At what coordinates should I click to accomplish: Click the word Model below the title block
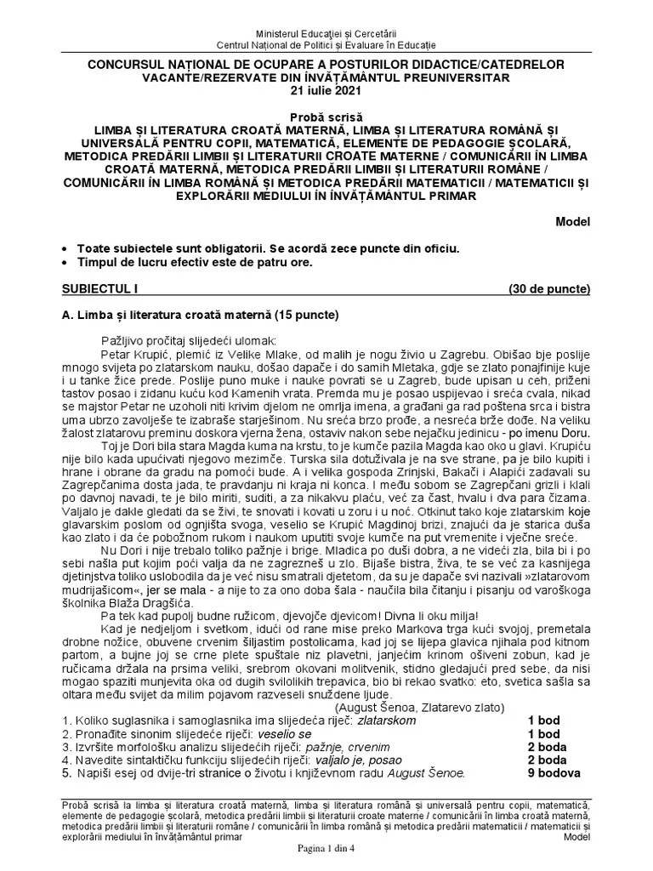pos(572,222)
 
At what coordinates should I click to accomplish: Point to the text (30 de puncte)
pos(549,289)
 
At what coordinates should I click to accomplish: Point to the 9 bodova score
pos(554,774)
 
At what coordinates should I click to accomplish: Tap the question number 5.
pos(67,774)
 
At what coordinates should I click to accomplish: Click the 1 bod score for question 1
pos(543,720)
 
